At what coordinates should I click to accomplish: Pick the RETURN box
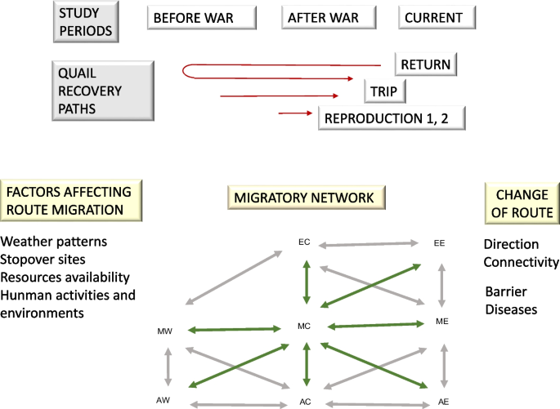tap(425, 64)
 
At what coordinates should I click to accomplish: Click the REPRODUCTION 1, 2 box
tap(392, 118)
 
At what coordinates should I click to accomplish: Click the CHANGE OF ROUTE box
tap(521, 203)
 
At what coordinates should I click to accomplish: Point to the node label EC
tap(305, 242)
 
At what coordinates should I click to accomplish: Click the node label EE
tap(439, 242)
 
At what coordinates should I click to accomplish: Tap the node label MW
tap(164, 331)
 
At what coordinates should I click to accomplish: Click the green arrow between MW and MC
tap(235, 330)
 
